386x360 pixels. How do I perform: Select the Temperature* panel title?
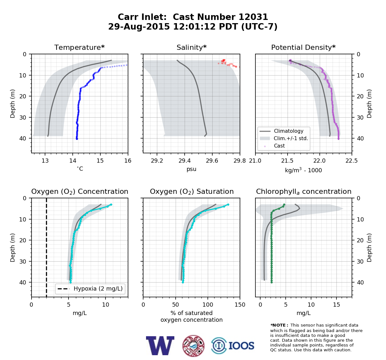79,47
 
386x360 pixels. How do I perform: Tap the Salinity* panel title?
191,47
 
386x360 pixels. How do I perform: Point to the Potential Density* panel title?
303,47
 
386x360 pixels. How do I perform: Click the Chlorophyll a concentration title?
304,192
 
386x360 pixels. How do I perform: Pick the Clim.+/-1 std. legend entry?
284,138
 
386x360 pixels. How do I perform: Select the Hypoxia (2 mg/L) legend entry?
90,289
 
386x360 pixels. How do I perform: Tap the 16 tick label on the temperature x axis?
128,161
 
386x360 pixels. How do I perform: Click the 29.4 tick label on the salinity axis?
184,161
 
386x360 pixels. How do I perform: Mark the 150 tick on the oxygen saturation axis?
240,305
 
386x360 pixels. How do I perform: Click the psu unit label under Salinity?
191,169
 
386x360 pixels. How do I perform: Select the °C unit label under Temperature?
80,169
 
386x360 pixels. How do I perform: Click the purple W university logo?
160,346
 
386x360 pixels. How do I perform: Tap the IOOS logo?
233,346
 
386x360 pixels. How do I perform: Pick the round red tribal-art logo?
193,346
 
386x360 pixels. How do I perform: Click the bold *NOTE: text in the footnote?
278,325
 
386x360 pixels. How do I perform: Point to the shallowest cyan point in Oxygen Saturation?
228,204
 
